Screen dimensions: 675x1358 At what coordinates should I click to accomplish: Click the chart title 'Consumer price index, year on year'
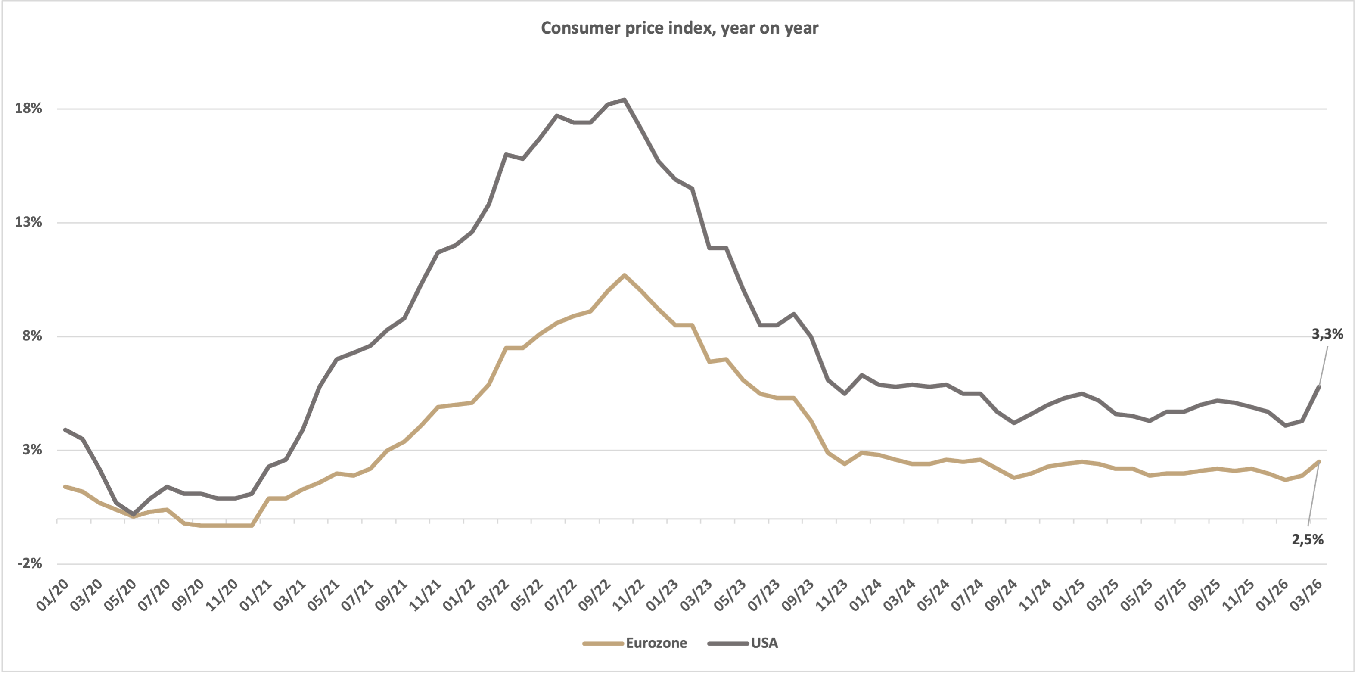(x=679, y=28)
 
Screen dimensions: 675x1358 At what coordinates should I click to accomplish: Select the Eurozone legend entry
(x=656, y=643)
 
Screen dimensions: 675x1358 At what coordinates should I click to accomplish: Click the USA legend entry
(x=764, y=643)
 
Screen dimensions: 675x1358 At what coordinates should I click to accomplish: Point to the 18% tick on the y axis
(x=28, y=109)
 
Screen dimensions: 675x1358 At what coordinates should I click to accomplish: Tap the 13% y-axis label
(x=28, y=222)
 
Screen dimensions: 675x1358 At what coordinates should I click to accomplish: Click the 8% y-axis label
(x=31, y=336)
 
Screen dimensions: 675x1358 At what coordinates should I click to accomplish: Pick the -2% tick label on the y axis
(x=30, y=563)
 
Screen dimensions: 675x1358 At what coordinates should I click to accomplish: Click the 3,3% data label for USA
(x=1327, y=334)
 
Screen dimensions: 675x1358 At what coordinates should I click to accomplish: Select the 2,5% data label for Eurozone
(x=1307, y=539)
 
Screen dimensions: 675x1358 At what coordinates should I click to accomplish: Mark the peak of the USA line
(x=625, y=100)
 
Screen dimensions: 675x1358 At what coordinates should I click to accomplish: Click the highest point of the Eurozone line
(x=624, y=275)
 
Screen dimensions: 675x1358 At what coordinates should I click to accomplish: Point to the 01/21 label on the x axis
(x=256, y=595)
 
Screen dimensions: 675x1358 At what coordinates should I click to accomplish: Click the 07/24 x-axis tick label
(x=967, y=595)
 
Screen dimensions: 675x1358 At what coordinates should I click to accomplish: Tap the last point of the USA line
(x=1319, y=386)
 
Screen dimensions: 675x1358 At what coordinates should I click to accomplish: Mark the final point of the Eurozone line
(x=1319, y=461)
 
